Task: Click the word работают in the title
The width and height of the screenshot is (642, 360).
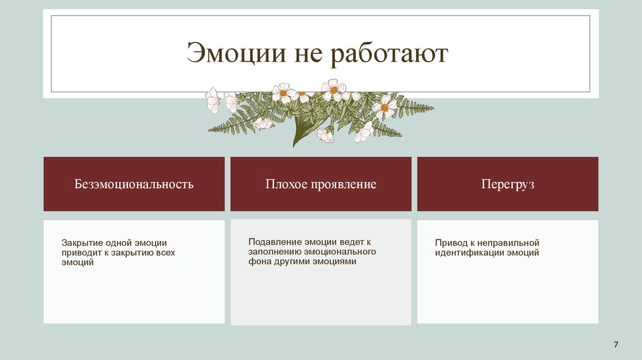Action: [390, 54]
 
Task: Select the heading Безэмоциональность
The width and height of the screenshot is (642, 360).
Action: [134, 184]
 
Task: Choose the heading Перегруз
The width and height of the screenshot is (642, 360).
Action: [508, 184]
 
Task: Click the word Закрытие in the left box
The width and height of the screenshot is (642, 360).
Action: [81, 243]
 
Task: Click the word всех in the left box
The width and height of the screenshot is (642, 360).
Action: [162, 253]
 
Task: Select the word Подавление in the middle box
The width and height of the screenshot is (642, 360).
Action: [275, 241]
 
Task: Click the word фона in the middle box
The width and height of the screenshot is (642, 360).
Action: [260, 262]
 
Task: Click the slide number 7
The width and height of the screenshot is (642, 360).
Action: [616, 345]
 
